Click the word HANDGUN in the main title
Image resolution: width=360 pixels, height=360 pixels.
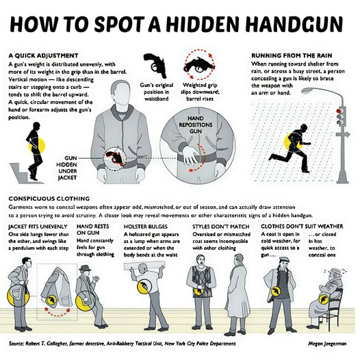click(x=294, y=24)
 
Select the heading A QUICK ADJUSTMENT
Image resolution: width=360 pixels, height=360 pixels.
click(x=43, y=55)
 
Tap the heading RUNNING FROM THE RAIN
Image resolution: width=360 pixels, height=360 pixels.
click(x=292, y=55)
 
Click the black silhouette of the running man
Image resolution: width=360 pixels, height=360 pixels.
click(x=290, y=148)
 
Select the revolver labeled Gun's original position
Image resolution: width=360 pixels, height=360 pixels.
click(x=155, y=65)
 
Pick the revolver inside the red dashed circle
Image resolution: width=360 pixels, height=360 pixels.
click(x=198, y=65)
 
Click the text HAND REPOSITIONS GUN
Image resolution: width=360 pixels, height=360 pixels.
click(x=196, y=125)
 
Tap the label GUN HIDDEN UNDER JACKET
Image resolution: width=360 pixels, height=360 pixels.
click(x=66, y=168)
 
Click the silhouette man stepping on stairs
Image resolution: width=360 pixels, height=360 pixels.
click(x=35, y=151)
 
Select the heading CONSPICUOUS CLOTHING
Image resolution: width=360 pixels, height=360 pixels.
click(x=49, y=198)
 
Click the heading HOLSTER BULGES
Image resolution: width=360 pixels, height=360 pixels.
click(x=146, y=227)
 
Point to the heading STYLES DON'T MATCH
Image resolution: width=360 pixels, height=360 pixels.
click(x=221, y=227)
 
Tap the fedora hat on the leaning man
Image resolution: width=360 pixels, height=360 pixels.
click(x=85, y=268)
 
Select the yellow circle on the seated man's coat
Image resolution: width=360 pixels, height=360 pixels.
click(x=324, y=299)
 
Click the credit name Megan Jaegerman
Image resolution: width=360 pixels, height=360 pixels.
click(x=327, y=344)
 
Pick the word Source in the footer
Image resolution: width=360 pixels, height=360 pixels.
click(x=16, y=344)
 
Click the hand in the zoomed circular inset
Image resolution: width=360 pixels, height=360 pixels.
click(x=190, y=155)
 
